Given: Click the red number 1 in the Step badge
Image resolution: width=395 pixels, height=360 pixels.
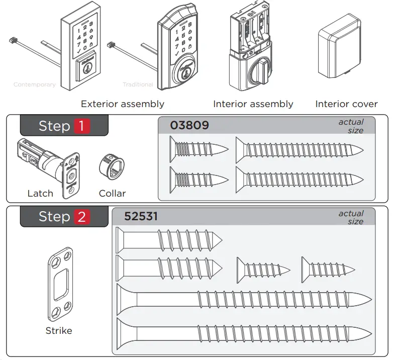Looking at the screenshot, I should coord(82,126).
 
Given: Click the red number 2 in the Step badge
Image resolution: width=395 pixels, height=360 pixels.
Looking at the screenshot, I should coord(82,217).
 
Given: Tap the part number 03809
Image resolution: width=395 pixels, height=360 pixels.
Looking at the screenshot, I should coord(189,125).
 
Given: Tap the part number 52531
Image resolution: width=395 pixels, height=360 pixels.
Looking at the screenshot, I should coord(141,216).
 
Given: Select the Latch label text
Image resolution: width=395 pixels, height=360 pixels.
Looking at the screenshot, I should coord(40,193).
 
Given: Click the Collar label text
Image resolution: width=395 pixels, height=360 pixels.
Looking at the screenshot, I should coord(112,193).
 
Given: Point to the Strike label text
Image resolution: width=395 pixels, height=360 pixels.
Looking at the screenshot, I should coord(59,330).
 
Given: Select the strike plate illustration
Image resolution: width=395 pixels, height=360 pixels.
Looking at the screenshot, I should coord(60,285).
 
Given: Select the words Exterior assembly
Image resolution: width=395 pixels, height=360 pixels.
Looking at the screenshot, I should coord(122,104).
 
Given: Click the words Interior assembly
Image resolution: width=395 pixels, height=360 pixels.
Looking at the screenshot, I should coord(253,104).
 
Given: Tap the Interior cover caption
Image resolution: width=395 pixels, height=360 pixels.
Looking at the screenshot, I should coord(346,104).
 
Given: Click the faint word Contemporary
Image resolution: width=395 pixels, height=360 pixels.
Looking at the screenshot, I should coord(34,84).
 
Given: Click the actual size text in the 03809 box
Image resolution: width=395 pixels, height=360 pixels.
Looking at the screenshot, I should coord(351,126).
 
